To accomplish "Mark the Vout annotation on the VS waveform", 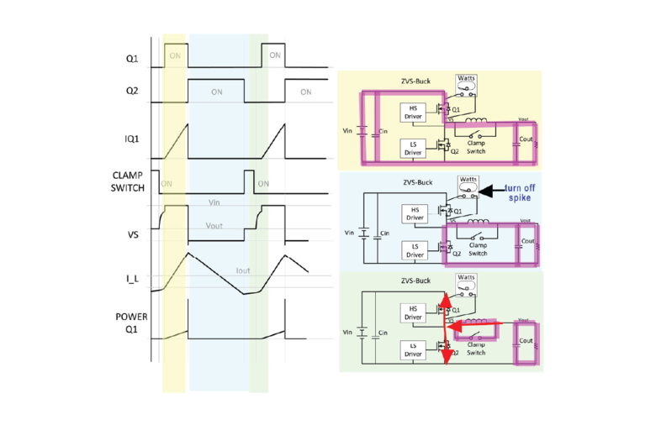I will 219,226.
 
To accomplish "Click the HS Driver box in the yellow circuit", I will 413,112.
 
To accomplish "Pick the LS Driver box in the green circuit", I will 413,349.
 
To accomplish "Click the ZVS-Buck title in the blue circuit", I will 416,181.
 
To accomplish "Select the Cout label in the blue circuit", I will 526,240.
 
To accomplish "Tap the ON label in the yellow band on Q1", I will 175,55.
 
